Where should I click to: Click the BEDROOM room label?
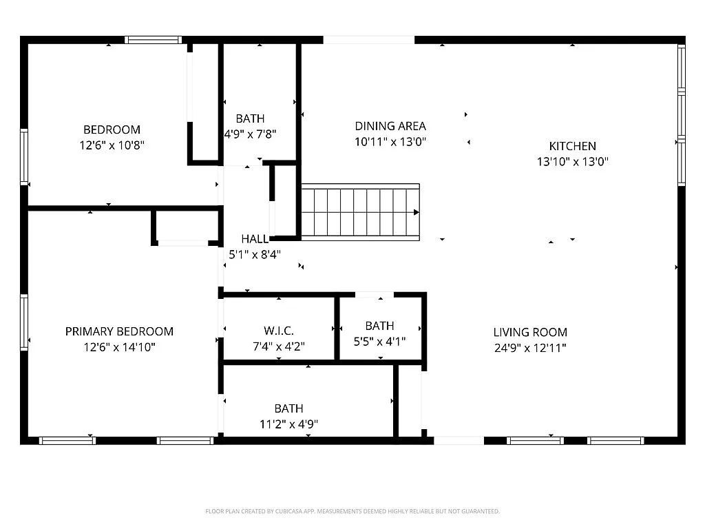tap(112, 129)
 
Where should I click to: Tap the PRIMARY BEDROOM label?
tap(119, 331)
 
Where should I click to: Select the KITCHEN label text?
tap(572, 146)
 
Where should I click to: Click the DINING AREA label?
tap(390, 126)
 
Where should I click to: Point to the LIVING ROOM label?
tap(530, 332)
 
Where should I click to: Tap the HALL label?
tap(255, 239)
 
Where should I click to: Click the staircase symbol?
tap(360, 212)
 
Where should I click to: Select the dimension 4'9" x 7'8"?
tap(250, 134)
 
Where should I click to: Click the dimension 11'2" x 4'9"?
tap(288, 424)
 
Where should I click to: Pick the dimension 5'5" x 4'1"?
tap(380, 342)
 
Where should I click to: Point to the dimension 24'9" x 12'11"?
tap(530, 348)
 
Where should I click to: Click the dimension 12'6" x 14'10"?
tap(119, 347)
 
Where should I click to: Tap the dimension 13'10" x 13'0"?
tap(572, 162)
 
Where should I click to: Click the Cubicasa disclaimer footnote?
tap(352, 511)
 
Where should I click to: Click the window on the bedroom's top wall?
tap(154, 40)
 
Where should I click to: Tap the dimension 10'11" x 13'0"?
tap(390, 142)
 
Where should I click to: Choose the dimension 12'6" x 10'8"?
tap(112, 145)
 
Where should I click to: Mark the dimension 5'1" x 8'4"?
tap(255, 254)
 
